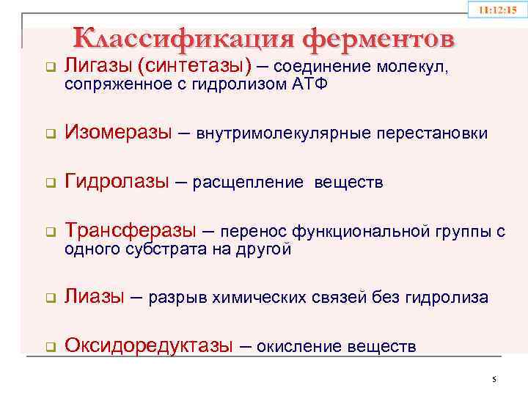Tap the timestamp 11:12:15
(x=498, y=11)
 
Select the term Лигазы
(x=98, y=67)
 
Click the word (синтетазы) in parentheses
(x=193, y=67)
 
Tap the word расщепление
(x=249, y=183)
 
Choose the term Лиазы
(x=95, y=297)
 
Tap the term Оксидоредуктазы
(x=149, y=345)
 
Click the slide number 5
(x=494, y=379)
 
